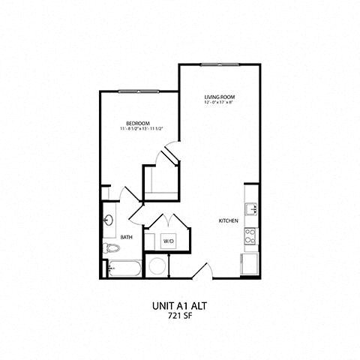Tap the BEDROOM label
139,123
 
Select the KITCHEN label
228,221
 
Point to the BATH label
126,237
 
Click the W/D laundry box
169,241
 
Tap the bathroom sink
109,221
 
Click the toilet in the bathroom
108,247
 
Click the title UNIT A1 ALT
179,306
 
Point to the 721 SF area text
180,316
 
